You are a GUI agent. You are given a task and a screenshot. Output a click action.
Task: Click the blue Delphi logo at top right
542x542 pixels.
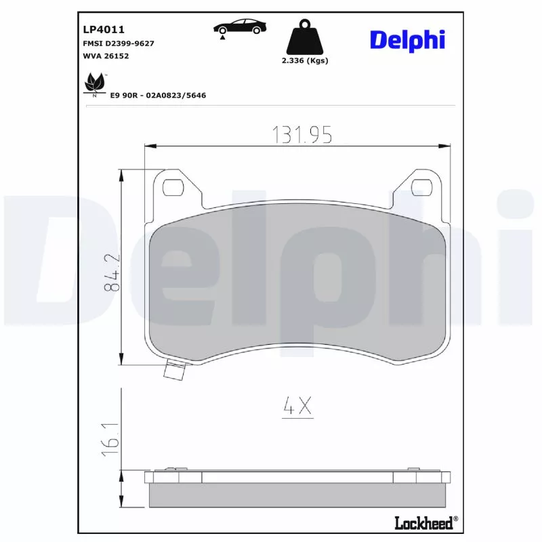[x=406, y=39]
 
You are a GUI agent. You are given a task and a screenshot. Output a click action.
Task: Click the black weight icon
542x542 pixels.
[x=304, y=39]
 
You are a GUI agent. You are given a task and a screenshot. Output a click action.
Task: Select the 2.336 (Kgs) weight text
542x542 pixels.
[x=305, y=61]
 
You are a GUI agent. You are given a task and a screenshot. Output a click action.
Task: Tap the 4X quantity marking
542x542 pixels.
[x=297, y=406]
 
